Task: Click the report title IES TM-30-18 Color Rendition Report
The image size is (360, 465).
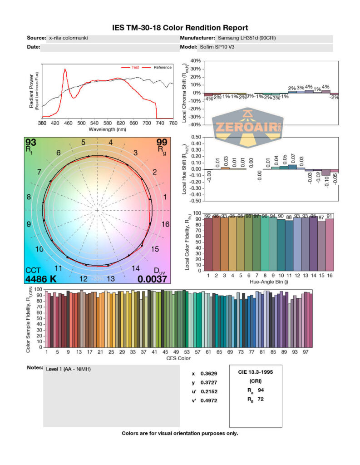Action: click(180, 28)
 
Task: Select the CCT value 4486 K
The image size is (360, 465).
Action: click(41, 279)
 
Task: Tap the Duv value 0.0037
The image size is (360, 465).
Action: click(153, 279)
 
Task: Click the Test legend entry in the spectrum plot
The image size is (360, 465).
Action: click(135, 67)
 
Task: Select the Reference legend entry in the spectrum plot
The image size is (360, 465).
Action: click(163, 67)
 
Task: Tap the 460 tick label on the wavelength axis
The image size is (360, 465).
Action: click(68, 123)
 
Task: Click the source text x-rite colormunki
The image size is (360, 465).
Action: click(68, 38)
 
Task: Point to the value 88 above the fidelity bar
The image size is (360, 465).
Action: click(289, 218)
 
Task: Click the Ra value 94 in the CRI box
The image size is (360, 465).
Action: click(261, 390)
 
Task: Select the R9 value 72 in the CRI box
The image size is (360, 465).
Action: click(261, 399)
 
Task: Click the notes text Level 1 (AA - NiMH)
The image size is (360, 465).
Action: click(69, 369)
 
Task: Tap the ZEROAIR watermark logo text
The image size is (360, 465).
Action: click(247, 128)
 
